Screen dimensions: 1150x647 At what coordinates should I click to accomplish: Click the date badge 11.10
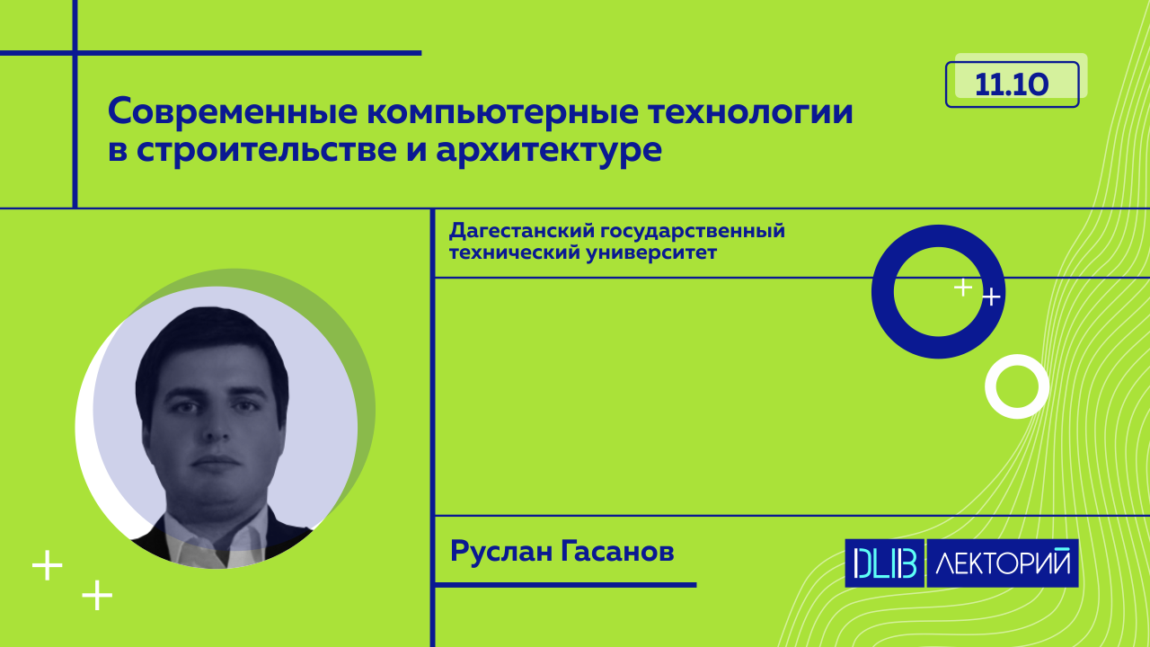point(1012,84)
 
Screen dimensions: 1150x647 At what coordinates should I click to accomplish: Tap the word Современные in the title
point(233,111)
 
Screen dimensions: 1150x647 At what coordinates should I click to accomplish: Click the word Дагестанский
point(520,232)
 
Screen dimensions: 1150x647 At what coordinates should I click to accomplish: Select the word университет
point(651,253)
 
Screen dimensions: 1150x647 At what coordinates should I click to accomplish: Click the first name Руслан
point(501,553)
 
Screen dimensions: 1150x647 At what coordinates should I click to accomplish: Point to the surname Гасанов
point(617,552)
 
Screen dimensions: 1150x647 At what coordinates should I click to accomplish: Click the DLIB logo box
point(885,563)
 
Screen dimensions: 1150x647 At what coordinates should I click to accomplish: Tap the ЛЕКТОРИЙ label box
point(1003,563)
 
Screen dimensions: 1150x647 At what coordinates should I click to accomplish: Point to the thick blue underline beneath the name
point(566,585)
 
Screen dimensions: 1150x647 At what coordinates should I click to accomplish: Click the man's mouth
point(216,460)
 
